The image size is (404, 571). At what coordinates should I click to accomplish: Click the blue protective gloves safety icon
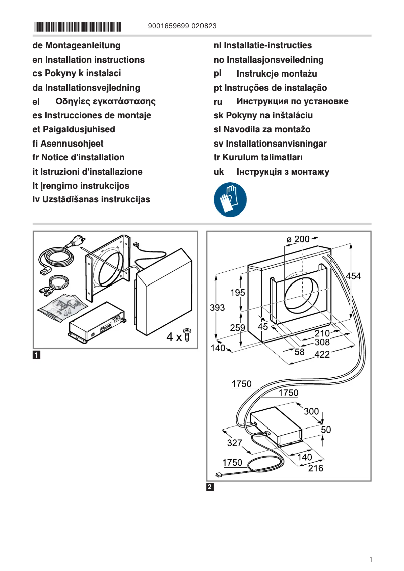230,200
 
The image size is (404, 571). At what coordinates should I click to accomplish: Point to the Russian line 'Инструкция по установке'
281,102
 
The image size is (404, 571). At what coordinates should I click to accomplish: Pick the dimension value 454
353,276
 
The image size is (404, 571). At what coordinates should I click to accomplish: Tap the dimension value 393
217,308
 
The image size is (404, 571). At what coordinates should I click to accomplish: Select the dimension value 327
235,443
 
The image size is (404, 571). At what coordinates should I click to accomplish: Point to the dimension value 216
316,468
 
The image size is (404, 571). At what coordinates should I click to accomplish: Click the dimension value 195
238,293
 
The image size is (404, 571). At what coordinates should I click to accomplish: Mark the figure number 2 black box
210,487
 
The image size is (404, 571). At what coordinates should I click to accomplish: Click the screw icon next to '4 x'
188,334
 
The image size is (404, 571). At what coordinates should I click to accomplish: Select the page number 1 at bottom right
370,559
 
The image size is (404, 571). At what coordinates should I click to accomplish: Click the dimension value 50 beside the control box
326,430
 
